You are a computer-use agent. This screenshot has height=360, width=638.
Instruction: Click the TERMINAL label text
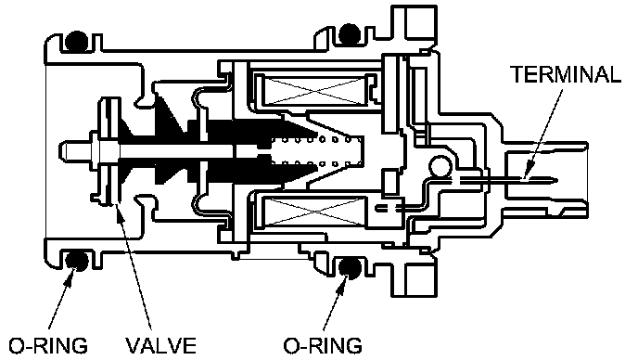(x=566, y=74)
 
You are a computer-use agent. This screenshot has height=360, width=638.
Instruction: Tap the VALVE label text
(x=160, y=346)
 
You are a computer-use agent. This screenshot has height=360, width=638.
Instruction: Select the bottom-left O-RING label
(x=48, y=346)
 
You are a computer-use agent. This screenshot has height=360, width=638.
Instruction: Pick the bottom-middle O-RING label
(x=323, y=346)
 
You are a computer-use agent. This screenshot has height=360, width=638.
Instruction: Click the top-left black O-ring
(x=76, y=41)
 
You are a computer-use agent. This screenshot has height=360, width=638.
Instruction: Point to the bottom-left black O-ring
(x=76, y=261)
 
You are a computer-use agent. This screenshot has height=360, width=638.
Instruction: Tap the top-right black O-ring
(x=350, y=33)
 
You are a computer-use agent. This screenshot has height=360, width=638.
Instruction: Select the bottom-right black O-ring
(x=350, y=268)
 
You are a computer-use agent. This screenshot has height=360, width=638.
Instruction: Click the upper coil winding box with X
(x=314, y=90)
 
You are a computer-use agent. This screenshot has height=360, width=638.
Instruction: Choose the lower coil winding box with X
(x=314, y=211)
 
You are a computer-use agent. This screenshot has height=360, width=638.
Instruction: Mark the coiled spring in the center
(x=316, y=151)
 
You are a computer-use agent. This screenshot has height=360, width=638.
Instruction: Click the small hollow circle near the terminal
(x=440, y=167)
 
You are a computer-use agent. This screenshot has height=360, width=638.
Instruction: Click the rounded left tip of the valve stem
(x=61, y=150)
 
